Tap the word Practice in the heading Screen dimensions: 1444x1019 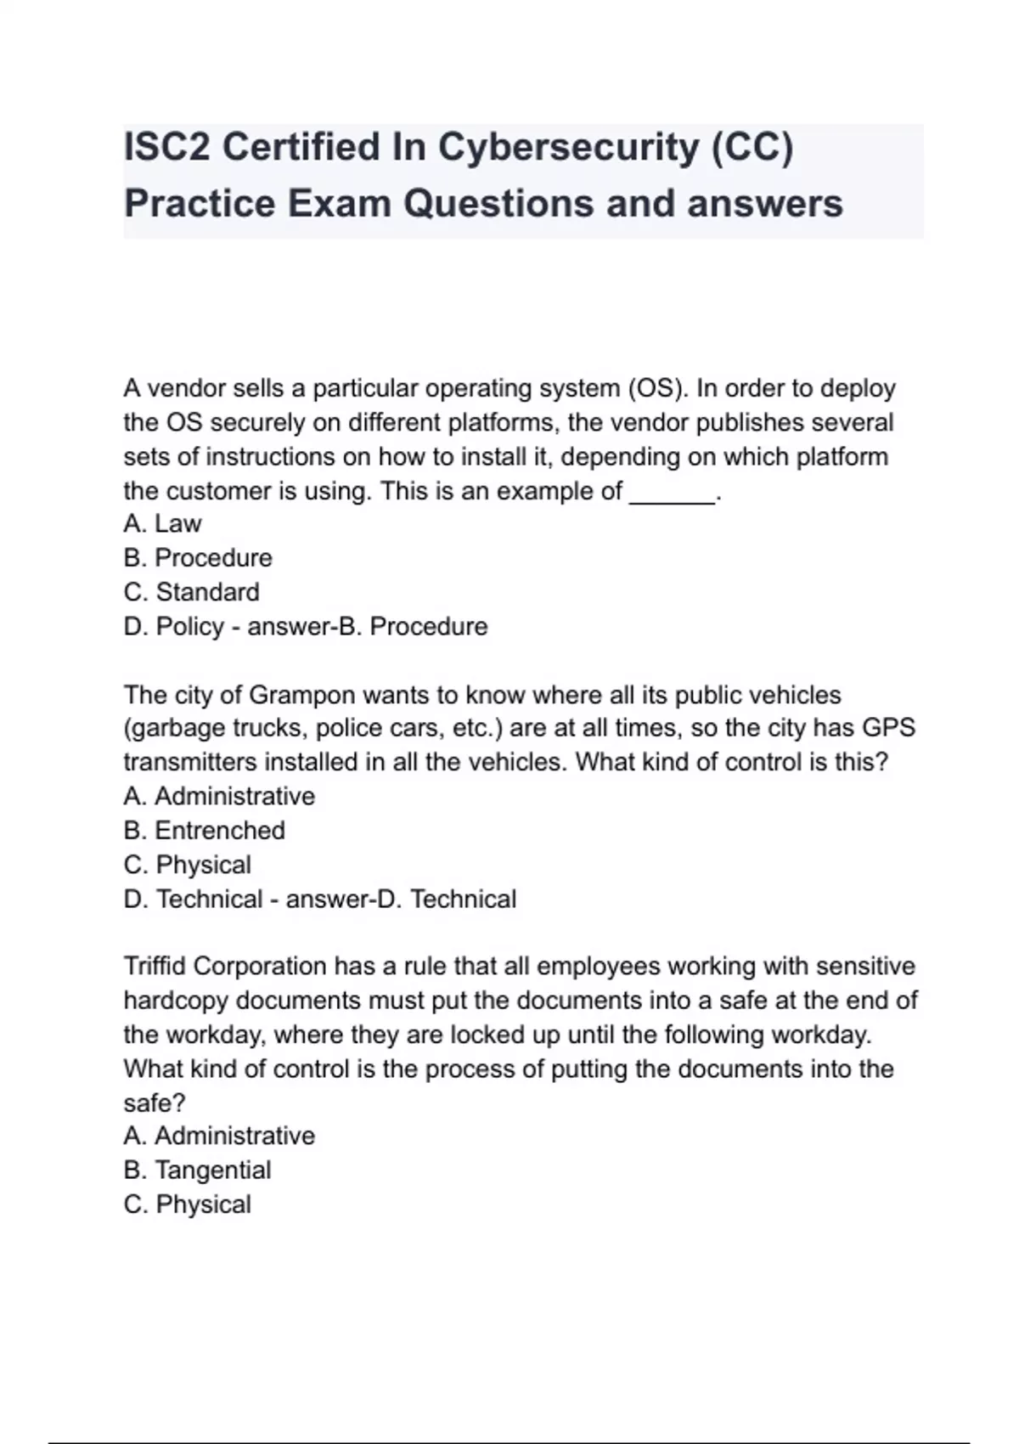(200, 204)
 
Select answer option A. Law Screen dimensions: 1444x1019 (162, 524)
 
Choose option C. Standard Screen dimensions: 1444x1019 (191, 592)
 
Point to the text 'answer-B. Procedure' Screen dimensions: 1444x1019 (368, 627)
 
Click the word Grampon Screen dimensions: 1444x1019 (301, 695)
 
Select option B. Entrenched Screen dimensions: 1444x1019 (204, 831)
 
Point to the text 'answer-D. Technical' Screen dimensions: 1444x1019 (401, 899)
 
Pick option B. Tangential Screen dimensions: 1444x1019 (197, 1170)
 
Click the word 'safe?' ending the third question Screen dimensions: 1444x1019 (155, 1103)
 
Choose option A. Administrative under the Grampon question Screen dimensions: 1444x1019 (219, 797)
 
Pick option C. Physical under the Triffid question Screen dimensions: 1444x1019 (187, 1204)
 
